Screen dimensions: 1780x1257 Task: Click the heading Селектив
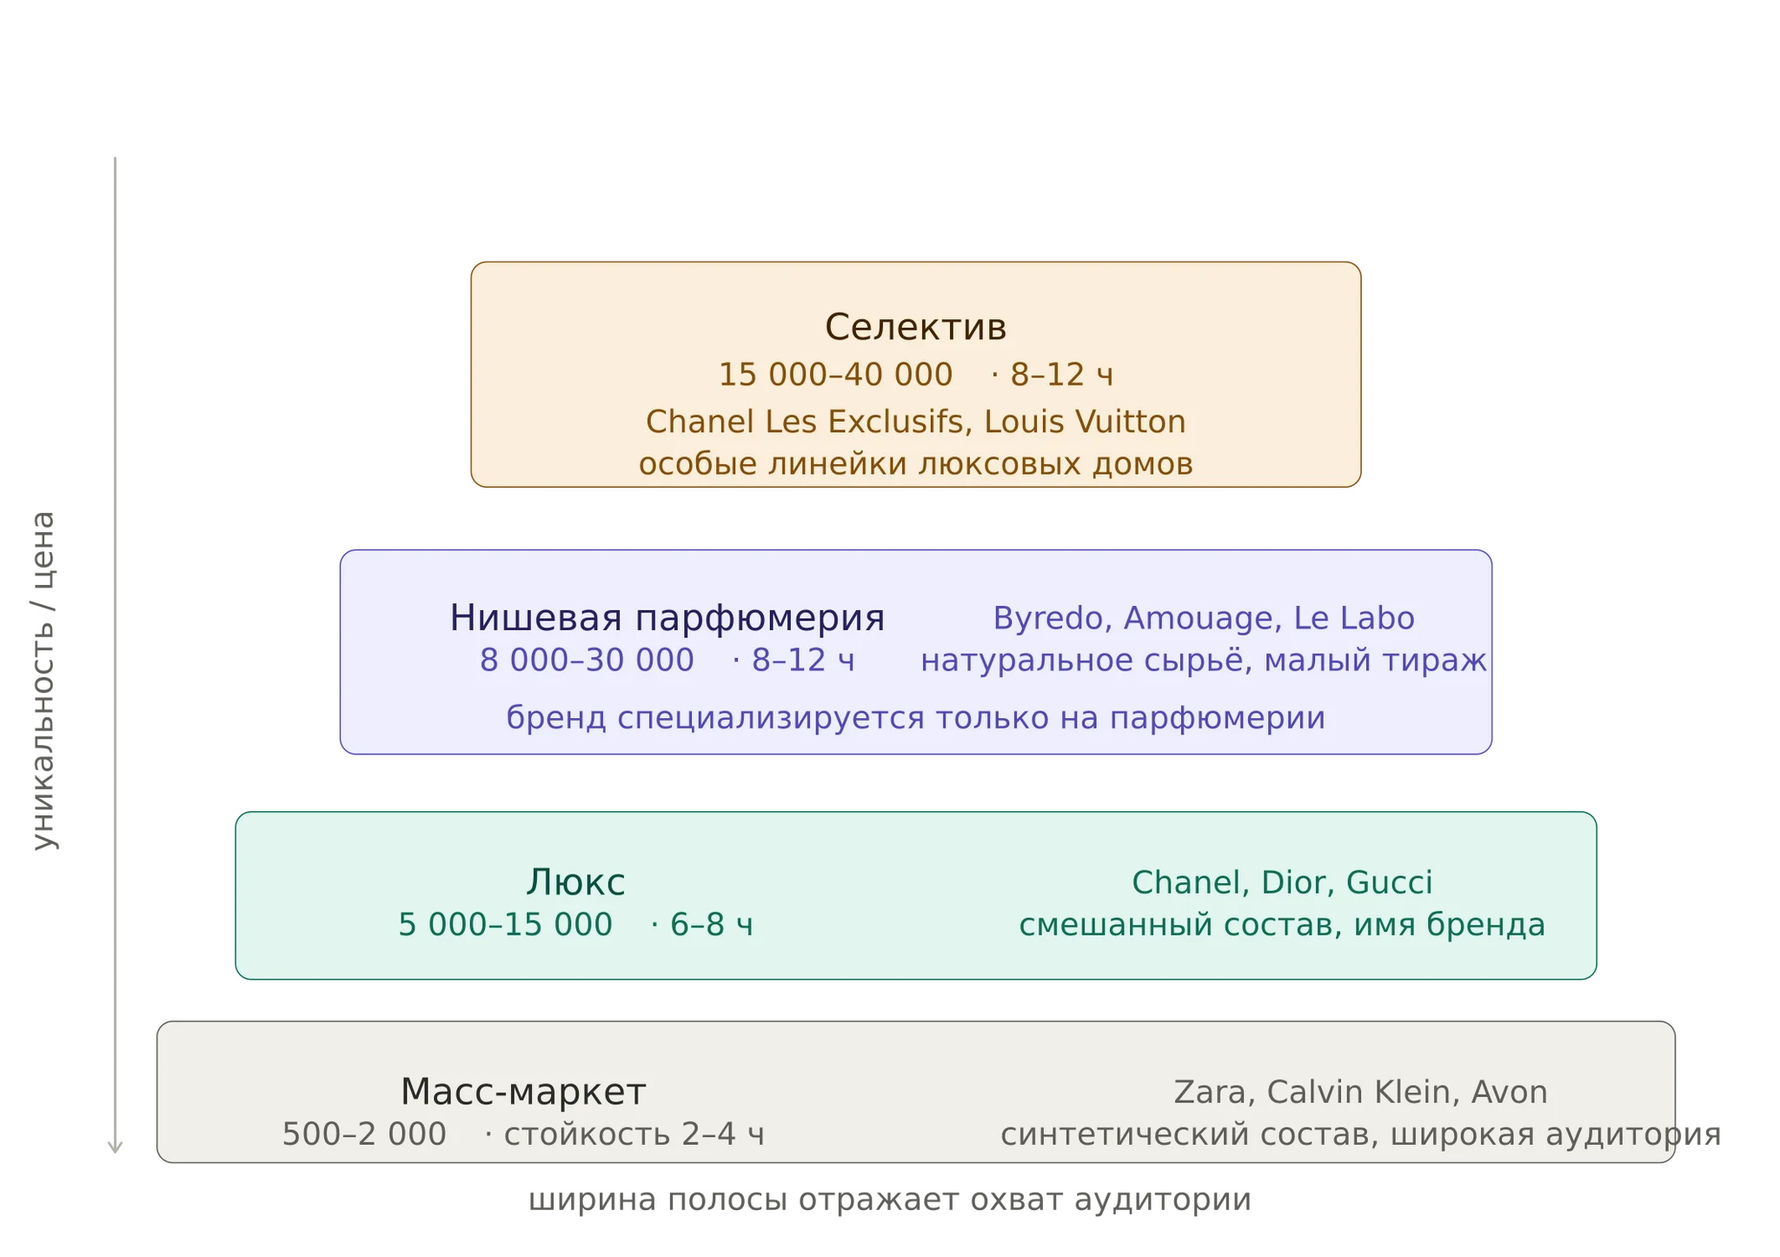tap(915, 328)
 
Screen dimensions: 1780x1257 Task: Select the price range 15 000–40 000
tap(835, 375)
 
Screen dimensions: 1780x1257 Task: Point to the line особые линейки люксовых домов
tap(915, 464)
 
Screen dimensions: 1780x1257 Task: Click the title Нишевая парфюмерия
tap(667, 618)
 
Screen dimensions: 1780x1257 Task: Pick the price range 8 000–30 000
tap(587, 661)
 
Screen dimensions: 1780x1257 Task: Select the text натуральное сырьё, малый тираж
tap(1204, 661)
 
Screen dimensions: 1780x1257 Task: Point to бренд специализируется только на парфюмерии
tap(915, 718)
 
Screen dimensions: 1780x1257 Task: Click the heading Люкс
tap(575, 882)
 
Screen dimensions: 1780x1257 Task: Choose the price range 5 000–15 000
tap(505, 925)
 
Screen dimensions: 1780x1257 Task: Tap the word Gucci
tap(1389, 882)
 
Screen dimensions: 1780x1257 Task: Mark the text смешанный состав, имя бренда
tap(1282, 925)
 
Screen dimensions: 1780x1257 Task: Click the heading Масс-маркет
tap(523, 1092)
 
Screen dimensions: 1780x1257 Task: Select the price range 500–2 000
tap(364, 1134)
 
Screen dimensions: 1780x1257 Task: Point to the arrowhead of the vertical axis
tap(115, 1153)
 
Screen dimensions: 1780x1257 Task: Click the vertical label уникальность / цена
tap(43, 680)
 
